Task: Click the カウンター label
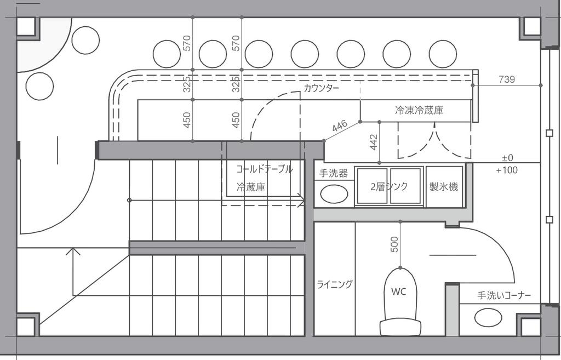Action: pos(321,88)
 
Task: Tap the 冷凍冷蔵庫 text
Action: pos(419,110)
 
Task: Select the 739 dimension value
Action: pos(507,79)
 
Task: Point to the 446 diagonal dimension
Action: pos(340,126)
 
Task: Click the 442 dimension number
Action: pos(374,142)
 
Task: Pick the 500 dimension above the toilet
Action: pos(394,244)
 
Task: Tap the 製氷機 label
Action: pos(444,186)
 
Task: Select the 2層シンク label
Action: pos(389,186)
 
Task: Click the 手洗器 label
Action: pos(334,174)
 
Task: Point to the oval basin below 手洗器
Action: pos(334,194)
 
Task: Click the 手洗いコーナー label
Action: pos(504,295)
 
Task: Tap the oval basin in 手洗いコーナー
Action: pos(488,318)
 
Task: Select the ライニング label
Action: pos(335,284)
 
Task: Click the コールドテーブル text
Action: pos(265,169)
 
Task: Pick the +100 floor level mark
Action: pos(507,170)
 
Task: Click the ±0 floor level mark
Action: pos(507,158)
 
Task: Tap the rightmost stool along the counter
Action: pos(443,54)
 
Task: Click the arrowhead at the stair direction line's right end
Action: pos(301,201)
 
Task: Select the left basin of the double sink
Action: pos(372,186)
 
